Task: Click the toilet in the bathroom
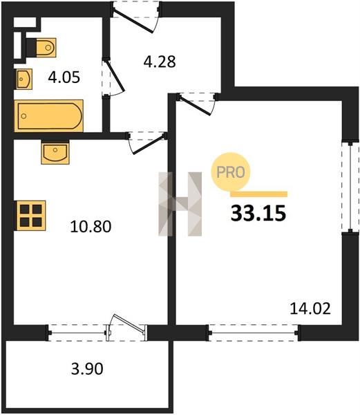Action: [41, 48]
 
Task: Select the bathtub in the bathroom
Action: [49, 116]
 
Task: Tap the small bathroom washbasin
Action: [24, 79]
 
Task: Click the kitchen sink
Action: [55, 152]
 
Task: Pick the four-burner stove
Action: [30, 215]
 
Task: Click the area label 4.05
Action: [64, 77]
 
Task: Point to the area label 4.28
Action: [160, 62]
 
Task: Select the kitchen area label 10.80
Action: [91, 227]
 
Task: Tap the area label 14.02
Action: [310, 308]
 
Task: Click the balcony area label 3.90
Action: [87, 369]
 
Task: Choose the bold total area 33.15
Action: [258, 213]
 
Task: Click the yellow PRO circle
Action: [231, 172]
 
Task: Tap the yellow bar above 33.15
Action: [258, 194]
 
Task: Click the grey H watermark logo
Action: [180, 204]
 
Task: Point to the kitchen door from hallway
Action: [148, 143]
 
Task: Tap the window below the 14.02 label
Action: [254, 333]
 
